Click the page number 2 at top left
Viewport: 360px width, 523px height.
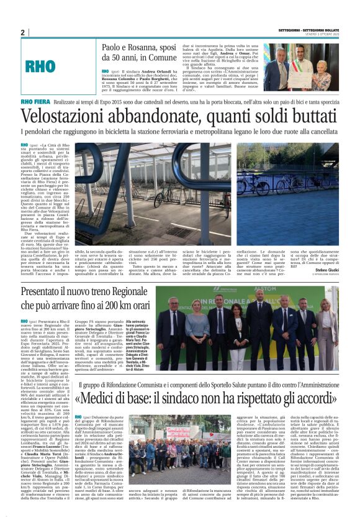pyautogui.click(x=22, y=33)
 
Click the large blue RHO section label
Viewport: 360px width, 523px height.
pyautogui.click(x=41, y=65)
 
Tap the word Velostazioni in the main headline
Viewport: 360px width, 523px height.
pyautogui.click(x=76, y=116)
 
